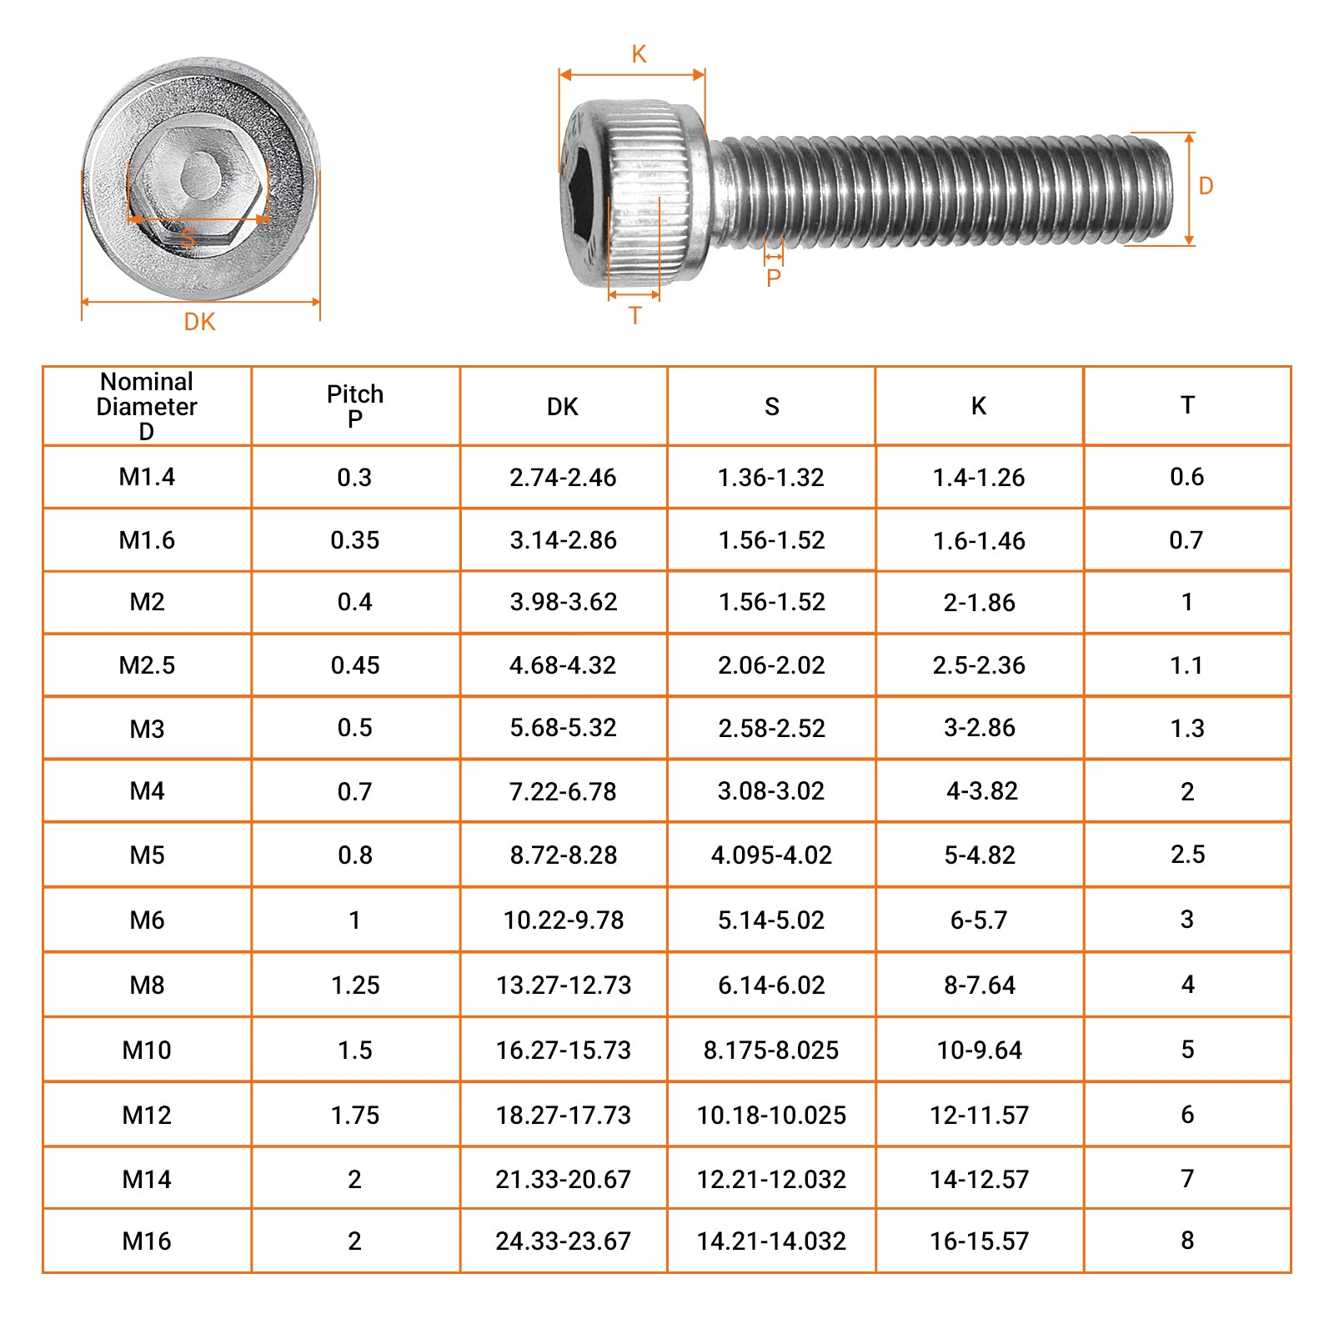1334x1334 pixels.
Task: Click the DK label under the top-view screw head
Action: tap(199, 322)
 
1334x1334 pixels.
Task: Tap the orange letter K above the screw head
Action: tap(639, 54)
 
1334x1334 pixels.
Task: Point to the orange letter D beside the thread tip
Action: tap(1206, 186)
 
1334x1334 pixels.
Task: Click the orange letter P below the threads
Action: tap(774, 278)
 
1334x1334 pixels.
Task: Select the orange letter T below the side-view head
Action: tap(635, 316)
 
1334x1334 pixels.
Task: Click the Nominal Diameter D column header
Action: tap(147, 406)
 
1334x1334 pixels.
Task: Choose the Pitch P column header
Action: tap(355, 406)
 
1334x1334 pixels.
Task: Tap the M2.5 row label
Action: tap(147, 665)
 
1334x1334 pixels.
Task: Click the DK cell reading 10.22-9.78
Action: tap(564, 920)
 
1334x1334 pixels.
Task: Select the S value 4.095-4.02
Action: tap(771, 855)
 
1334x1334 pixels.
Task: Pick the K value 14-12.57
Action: tap(979, 1180)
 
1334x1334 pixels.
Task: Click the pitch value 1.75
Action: tap(355, 1116)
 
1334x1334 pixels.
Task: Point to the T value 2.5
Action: tap(1187, 855)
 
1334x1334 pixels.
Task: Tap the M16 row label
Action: tap(147, 1241)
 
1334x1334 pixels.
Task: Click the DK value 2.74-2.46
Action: tap(563, 478)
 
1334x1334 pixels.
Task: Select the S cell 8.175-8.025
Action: tap(771, 1051)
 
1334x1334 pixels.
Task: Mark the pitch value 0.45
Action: tap(355, 665)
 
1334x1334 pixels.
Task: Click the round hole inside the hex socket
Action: tap(199, 175)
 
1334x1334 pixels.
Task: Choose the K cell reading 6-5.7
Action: tap(979, 920)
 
